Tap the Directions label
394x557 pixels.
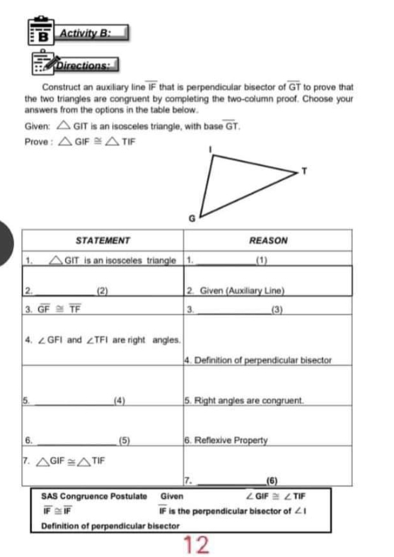pyautogui.click(x=88, y=67)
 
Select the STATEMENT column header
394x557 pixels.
pyautogui.click(x=103, y=241)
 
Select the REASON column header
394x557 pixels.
pyautogui.click(x=268, y=241)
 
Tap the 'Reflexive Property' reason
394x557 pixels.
pyautogui.click(x=227, y=440)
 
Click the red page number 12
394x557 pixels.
pyautogui.click(x=196, y=545)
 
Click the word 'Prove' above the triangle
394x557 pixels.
pyautogui.click(x=37, y=141)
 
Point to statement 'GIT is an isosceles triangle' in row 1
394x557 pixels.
pyautogui.click(x=117, y=260)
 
